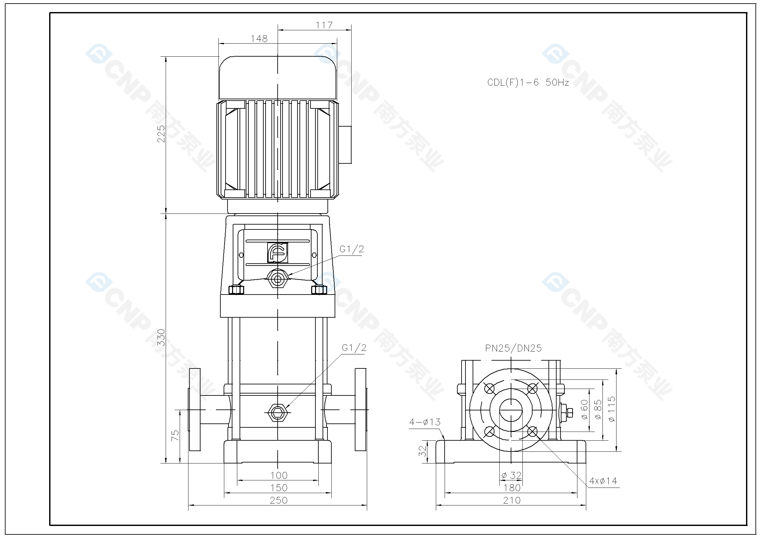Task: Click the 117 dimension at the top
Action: (324, 25)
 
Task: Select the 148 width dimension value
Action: (259, 39)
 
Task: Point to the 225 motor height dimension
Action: (161, 133)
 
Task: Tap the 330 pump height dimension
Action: (161, 337)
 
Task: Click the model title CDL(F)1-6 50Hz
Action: (528, 83)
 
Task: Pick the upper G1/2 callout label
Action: (352, 249)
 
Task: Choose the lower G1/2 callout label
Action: (354, 348)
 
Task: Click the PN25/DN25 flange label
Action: (513, 348)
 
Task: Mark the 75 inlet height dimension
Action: (175, 435)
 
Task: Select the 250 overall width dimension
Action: (278, 500)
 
